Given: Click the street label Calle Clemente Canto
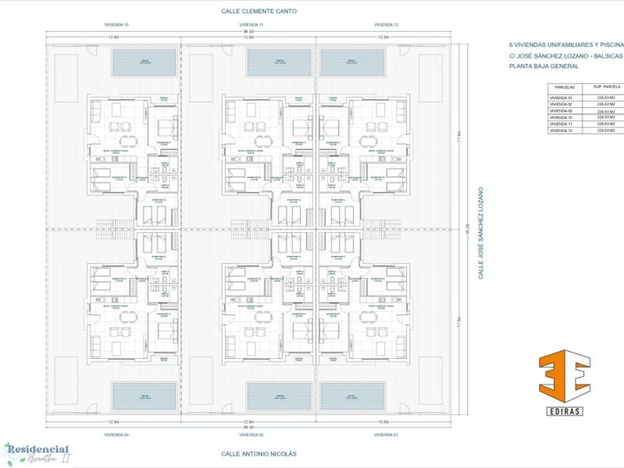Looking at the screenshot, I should [258, 12].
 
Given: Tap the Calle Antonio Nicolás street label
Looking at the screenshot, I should [258, 453].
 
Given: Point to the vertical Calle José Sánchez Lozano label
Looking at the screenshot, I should [481, 234].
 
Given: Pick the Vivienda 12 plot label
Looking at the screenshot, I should [386, 26].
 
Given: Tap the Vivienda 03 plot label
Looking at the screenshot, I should [114, 435].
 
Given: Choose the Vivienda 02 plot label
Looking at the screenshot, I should [250, 435].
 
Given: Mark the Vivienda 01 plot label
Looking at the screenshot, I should [386, 435].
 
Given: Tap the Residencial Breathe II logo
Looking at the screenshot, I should [38, 452].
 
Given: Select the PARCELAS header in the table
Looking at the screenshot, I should [564, 89].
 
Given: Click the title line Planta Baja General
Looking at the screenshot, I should [543, 67].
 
